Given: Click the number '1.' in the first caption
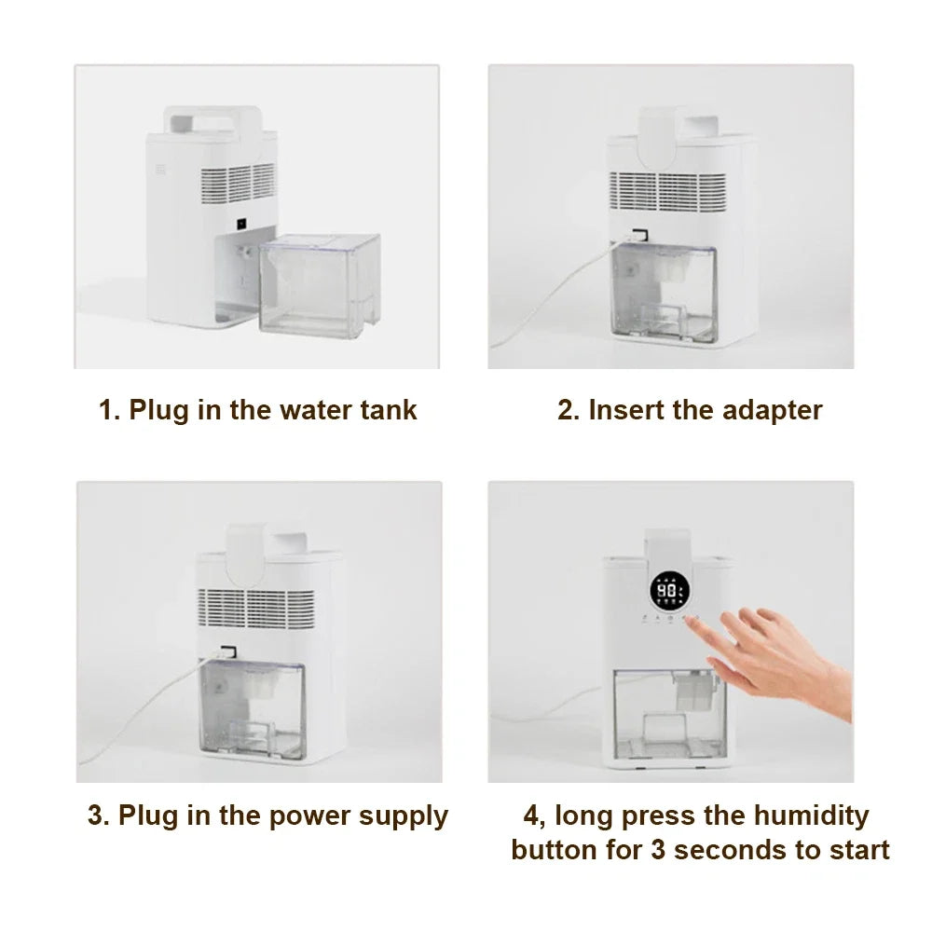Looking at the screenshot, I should pyautogui.click(x=110, y=410).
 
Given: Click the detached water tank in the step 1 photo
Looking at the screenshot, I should pyautogui.click(x=320, y=285).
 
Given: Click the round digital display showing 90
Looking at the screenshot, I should pyautogui.click(x=667, y=589).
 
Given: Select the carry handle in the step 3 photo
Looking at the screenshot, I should pyautogui.click(x=254, y=541).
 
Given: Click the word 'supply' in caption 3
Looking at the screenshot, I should pyautogui.click(x=404, y=817).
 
